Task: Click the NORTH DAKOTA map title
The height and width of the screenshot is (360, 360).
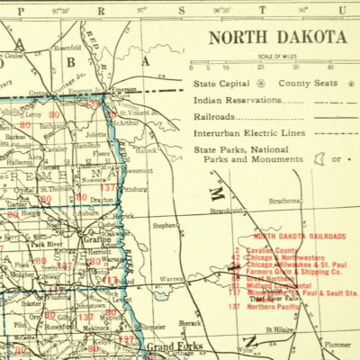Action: [277, 38]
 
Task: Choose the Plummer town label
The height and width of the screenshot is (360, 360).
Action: [337, 344]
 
